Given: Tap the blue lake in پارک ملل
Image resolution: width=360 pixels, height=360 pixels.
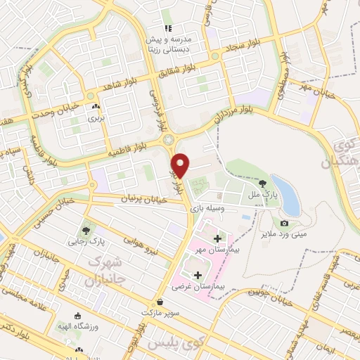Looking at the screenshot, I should point(284,192).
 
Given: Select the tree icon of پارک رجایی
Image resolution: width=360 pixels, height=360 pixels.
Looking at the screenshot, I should point(86,230).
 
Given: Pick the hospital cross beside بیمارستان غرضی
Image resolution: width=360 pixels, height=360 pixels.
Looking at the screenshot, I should point(198,275).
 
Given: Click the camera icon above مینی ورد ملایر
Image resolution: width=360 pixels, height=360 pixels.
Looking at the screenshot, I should point(284,224).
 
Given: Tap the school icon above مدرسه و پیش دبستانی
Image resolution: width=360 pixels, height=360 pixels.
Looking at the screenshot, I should point(167,29).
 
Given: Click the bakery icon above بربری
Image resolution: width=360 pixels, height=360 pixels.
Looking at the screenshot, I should point(94,107).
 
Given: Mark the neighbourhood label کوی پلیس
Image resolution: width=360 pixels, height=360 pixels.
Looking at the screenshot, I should point(169,343).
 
